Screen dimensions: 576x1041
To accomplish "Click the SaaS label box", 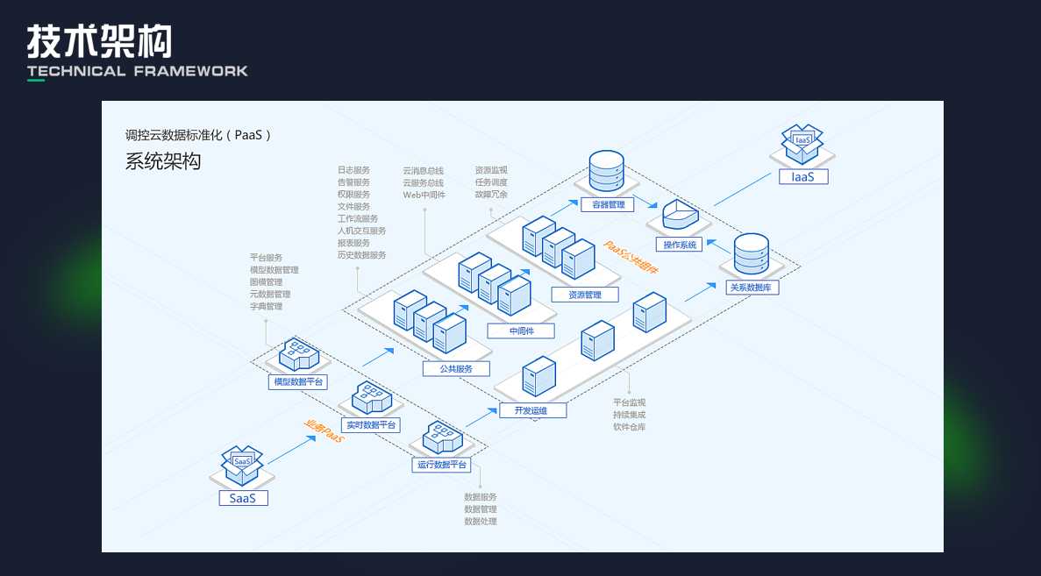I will [243, 498].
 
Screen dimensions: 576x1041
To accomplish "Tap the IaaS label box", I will [803, 176].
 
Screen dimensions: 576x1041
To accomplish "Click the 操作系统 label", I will [680, 245].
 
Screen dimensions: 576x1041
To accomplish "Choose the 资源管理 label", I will [585, 295].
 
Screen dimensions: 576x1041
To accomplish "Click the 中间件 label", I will [521, 331].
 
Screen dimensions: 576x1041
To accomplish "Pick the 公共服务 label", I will [456, 369].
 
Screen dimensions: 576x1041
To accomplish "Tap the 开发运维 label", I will [533, 409].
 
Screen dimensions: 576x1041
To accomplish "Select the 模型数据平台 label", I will [298, 381].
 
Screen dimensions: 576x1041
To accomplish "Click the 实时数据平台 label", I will [370, 424].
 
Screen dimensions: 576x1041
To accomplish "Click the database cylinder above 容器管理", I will [606, 172].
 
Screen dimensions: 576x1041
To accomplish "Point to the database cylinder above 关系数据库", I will [751, 253].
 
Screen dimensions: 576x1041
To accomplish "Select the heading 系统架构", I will [163, 161].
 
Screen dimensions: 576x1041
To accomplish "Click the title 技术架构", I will [99, 41].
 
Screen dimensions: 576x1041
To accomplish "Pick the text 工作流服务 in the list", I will [358, 218].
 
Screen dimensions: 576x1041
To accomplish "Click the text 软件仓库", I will [630, 427].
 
